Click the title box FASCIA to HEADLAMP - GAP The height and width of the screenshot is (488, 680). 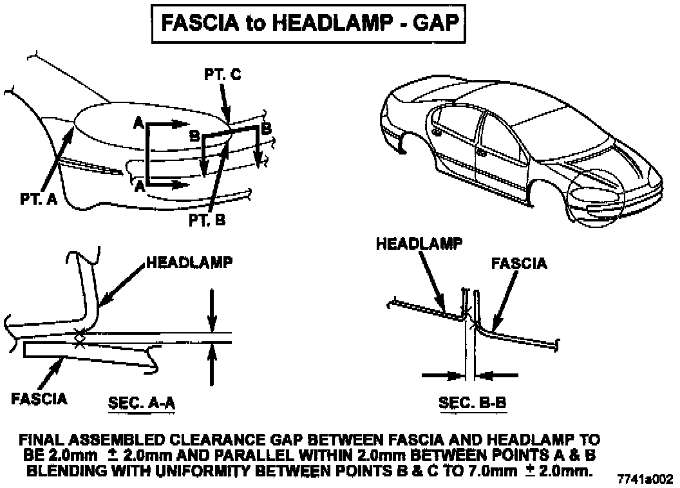point(308,24)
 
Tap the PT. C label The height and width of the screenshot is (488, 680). point(223,75)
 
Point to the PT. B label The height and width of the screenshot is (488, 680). point(207,221)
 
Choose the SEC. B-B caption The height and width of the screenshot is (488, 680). point(472,404)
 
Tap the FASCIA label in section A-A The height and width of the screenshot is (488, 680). point(39,399)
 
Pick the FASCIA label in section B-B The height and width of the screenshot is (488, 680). point(519,263)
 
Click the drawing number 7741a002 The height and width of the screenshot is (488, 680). point(645,479)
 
